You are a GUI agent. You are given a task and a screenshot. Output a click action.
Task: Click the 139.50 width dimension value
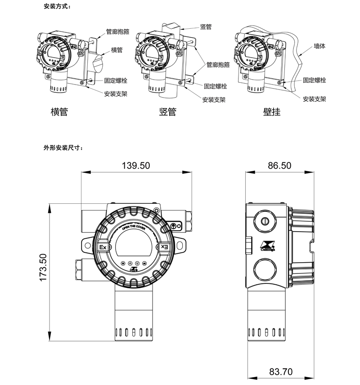click(x=135, y=166)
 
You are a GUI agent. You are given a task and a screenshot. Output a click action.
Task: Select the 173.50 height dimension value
click(x=43, y=268)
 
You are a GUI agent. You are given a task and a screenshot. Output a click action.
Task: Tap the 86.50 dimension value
click(x=279, y=166)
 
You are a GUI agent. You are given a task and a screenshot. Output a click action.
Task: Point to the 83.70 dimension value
click(x=281, y=372)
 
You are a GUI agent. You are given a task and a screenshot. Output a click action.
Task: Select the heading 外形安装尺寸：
click(x=63, y=147)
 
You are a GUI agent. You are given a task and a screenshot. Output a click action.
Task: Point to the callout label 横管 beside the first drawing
click(x=118, y=49)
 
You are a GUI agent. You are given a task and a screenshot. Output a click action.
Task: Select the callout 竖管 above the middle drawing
click(x=206, y=27)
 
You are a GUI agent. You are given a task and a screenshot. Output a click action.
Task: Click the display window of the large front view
click(x=133, y=246)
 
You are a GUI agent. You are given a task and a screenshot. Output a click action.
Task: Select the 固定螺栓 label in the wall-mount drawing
click(x=314, y=80)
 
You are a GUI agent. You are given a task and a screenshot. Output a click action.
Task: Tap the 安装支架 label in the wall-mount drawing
click(x=314, y=99)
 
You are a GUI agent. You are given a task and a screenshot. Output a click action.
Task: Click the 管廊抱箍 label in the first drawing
click(x=118, y=32)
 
